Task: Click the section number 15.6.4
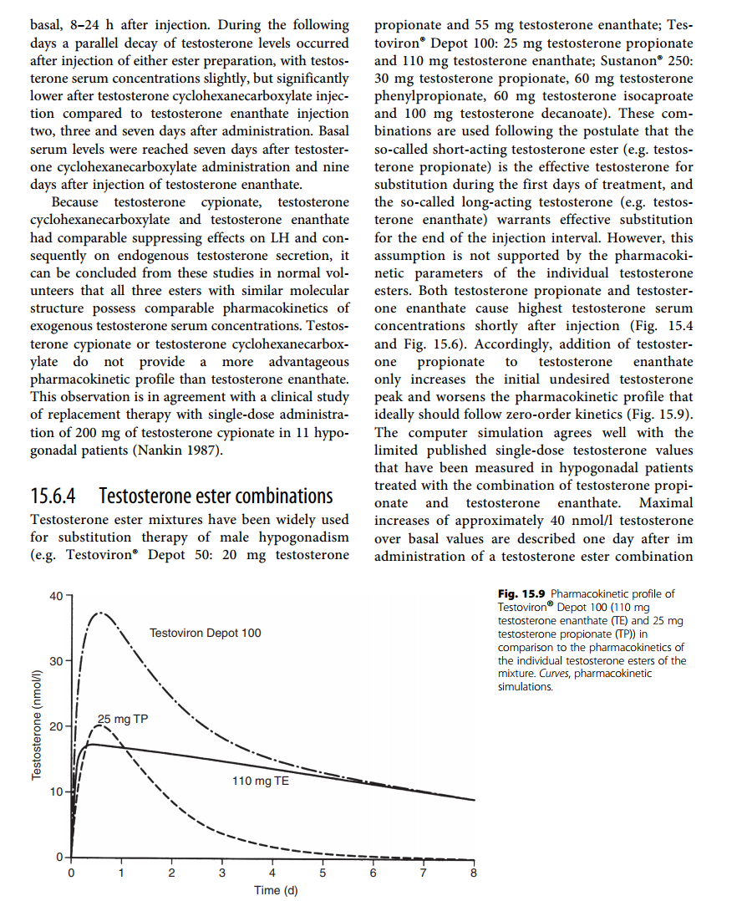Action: tap(53, 496)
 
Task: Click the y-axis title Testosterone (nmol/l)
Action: tap(37, 725)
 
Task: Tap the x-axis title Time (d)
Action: tap(276, 889)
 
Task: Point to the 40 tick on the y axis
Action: tap(56, 596)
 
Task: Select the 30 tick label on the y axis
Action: tap(56, 661)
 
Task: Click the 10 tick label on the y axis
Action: tap(56, 792)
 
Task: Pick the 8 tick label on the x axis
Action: tap(474, 874)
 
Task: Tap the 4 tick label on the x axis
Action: tap(272, 874)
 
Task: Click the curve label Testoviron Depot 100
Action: tap(206, 633)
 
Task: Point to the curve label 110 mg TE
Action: tap(260, 781)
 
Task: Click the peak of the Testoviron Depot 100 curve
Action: tap(101, 613)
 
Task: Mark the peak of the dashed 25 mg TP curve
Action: tap(100, 725)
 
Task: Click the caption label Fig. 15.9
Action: tap(521, 594)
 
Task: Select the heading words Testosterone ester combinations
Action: tap(216, 496)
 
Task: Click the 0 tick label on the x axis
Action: tap(71, 874)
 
